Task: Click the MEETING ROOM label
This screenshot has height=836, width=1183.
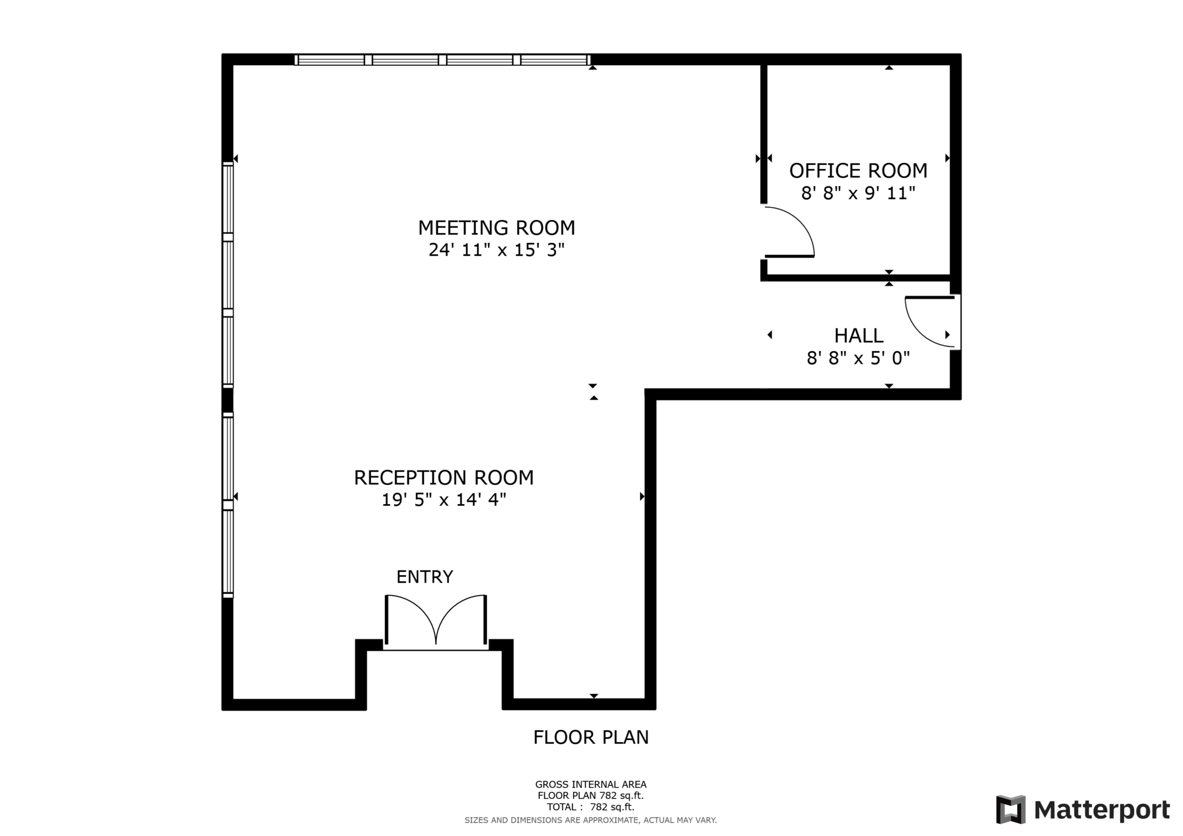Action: coord(496,228)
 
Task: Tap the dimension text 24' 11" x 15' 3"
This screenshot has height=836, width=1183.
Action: coord(496,250)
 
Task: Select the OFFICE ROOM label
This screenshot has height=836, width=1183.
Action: coord(858,171)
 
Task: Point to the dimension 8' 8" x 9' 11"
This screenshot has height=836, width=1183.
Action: coord(858,193)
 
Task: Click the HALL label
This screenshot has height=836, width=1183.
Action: coord(858,336)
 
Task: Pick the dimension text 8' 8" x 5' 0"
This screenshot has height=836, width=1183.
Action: coord(858,359)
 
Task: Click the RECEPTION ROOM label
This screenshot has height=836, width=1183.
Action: coord(444,478)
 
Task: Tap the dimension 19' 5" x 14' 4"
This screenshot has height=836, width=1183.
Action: coord(444,500)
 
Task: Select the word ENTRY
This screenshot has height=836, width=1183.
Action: coord(425,577)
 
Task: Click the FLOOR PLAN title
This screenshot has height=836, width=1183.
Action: coord(590,738)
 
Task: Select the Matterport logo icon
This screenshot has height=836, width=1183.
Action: coord(1010,809)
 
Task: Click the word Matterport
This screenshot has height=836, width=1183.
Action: coord(1102,810)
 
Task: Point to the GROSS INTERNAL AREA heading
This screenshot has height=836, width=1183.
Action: coord(590,785)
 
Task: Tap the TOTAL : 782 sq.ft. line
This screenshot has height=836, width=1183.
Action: coord(590,807)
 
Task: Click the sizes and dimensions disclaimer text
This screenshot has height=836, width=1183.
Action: coord(590,820)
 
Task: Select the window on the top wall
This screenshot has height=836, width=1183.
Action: coord(442,59)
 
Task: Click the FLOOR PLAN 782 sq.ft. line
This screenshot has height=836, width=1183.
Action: coord(590,796)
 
